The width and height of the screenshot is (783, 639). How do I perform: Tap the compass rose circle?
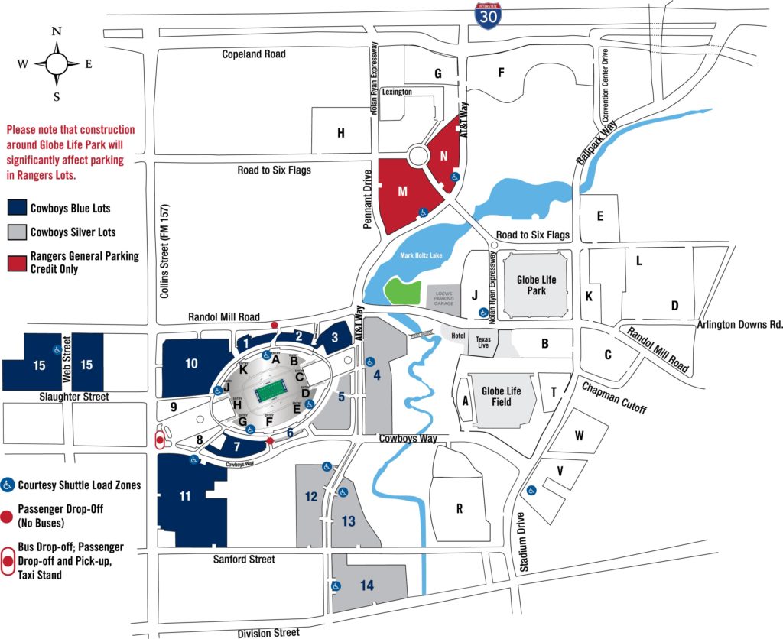click(x=57, y=63)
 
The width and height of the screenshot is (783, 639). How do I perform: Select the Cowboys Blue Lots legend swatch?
click(x=16, y=208)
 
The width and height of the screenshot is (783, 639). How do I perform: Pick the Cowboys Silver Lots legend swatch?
click(x=16, y=232)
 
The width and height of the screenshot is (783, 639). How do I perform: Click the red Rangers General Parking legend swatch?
click(x=16, y=262)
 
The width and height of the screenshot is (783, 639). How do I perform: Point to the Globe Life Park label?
click(x=536, y=285)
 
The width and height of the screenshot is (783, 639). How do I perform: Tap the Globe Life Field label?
click(x=501, y=396)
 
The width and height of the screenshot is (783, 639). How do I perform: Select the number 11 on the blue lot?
click(x=184, y=496)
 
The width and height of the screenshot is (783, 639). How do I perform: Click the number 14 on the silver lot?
click(x=367, y=585)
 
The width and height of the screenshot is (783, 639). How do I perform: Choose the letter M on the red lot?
click(x=402, y=191)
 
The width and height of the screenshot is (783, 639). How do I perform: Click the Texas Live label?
click(x=483, y=342)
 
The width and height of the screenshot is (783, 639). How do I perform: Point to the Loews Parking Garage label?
click(x=444, y=297)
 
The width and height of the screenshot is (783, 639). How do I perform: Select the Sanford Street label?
click(x=244, y=560)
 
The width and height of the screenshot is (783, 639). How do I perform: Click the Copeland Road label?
click(x=254, y=54)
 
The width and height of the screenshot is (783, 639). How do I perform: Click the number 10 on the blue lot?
click(x=191, y=364)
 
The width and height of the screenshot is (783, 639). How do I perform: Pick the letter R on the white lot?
click(x=459, y=508)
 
